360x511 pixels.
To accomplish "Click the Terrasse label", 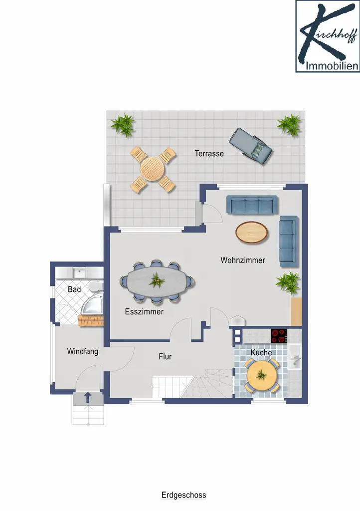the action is click(209, 154).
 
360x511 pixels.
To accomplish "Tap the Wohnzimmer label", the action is click(243, 260).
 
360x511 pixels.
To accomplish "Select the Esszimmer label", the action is click(144, 311).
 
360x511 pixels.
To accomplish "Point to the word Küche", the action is click(261, 353).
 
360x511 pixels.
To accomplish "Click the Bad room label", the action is click(74, 289).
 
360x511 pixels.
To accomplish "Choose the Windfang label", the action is click(83, 351).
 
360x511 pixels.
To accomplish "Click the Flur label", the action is click(165, 356).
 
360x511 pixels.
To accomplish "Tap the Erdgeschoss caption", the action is click(184, 495).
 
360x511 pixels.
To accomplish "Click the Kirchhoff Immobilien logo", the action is click(328, 36).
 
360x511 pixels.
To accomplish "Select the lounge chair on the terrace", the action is click(250, 146).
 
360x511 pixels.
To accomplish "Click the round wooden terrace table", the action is click(153, 169).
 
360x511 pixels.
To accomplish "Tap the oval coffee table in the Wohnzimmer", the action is click(252, 233).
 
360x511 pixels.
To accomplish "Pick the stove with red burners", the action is click(279, 336).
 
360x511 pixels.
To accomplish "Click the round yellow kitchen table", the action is click(262, 375).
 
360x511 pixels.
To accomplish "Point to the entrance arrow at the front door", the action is click(88, 398).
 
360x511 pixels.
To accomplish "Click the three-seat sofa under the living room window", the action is click(252, 205).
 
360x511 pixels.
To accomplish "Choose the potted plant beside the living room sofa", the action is click(288, 282).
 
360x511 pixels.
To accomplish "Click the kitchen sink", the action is click(295, 357).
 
